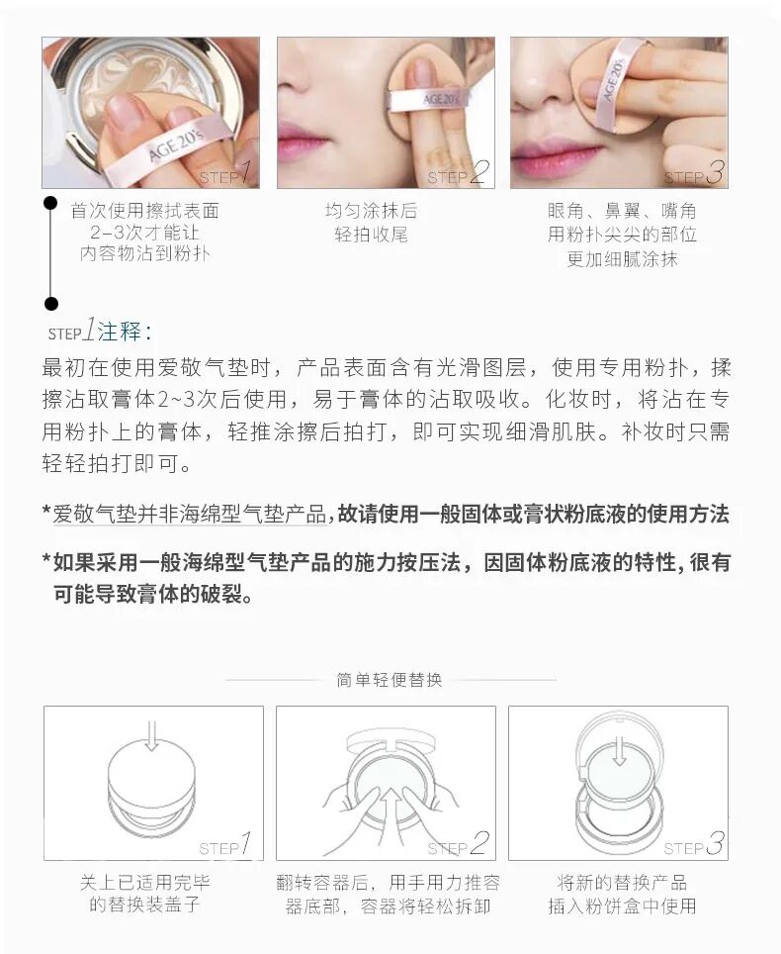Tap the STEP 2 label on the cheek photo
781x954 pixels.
point(458,173)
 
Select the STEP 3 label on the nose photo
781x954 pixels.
point(693,173)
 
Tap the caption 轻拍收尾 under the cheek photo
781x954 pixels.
point(371,235)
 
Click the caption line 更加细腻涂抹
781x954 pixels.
point(622,259)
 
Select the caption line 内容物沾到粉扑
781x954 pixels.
point(144,253)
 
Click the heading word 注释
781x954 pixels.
point(120,332)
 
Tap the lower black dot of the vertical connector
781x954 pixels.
point(51,303)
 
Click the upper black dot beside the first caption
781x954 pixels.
point(50,203)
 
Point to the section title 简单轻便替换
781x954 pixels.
point(390,680)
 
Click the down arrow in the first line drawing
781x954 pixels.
point(152,735)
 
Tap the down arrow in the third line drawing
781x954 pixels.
point(619,750)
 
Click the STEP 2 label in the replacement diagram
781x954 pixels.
point(458,844)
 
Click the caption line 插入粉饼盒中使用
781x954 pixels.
point(622,906)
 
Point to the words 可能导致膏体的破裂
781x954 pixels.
point(152,594)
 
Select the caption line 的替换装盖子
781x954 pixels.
point(144,905)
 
